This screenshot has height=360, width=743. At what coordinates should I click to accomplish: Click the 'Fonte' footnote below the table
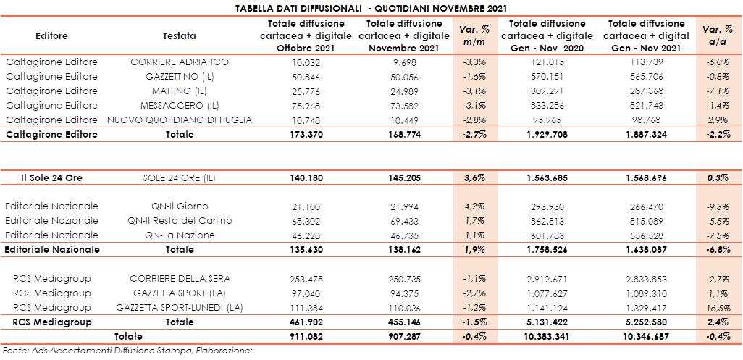point(130,351)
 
